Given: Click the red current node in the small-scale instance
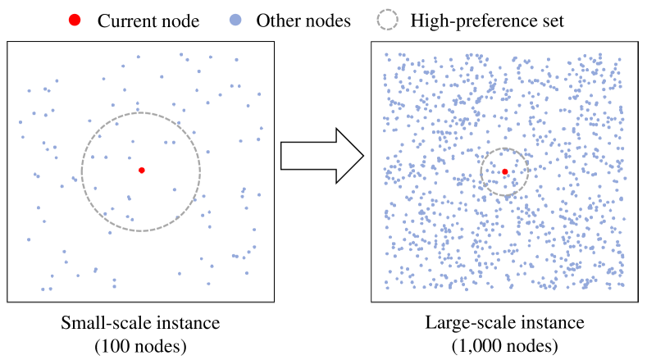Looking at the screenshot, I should click(x=142, y=170).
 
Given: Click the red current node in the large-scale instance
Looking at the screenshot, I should click(x=505, y=171).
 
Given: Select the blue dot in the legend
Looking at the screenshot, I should click(x=236, y=20).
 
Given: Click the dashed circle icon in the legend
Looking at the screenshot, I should click(x=388, y=20).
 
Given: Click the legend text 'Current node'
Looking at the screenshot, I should click(x=145, y=20).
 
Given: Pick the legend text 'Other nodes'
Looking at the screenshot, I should click(x=303, y=20).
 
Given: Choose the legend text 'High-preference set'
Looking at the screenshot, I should click(x=487, y=20).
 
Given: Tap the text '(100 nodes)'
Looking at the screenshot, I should click(x=141, y=344).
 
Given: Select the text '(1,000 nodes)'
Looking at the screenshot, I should click(x=504, y=344).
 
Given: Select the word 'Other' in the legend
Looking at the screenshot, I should click(x=276, y=20).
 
